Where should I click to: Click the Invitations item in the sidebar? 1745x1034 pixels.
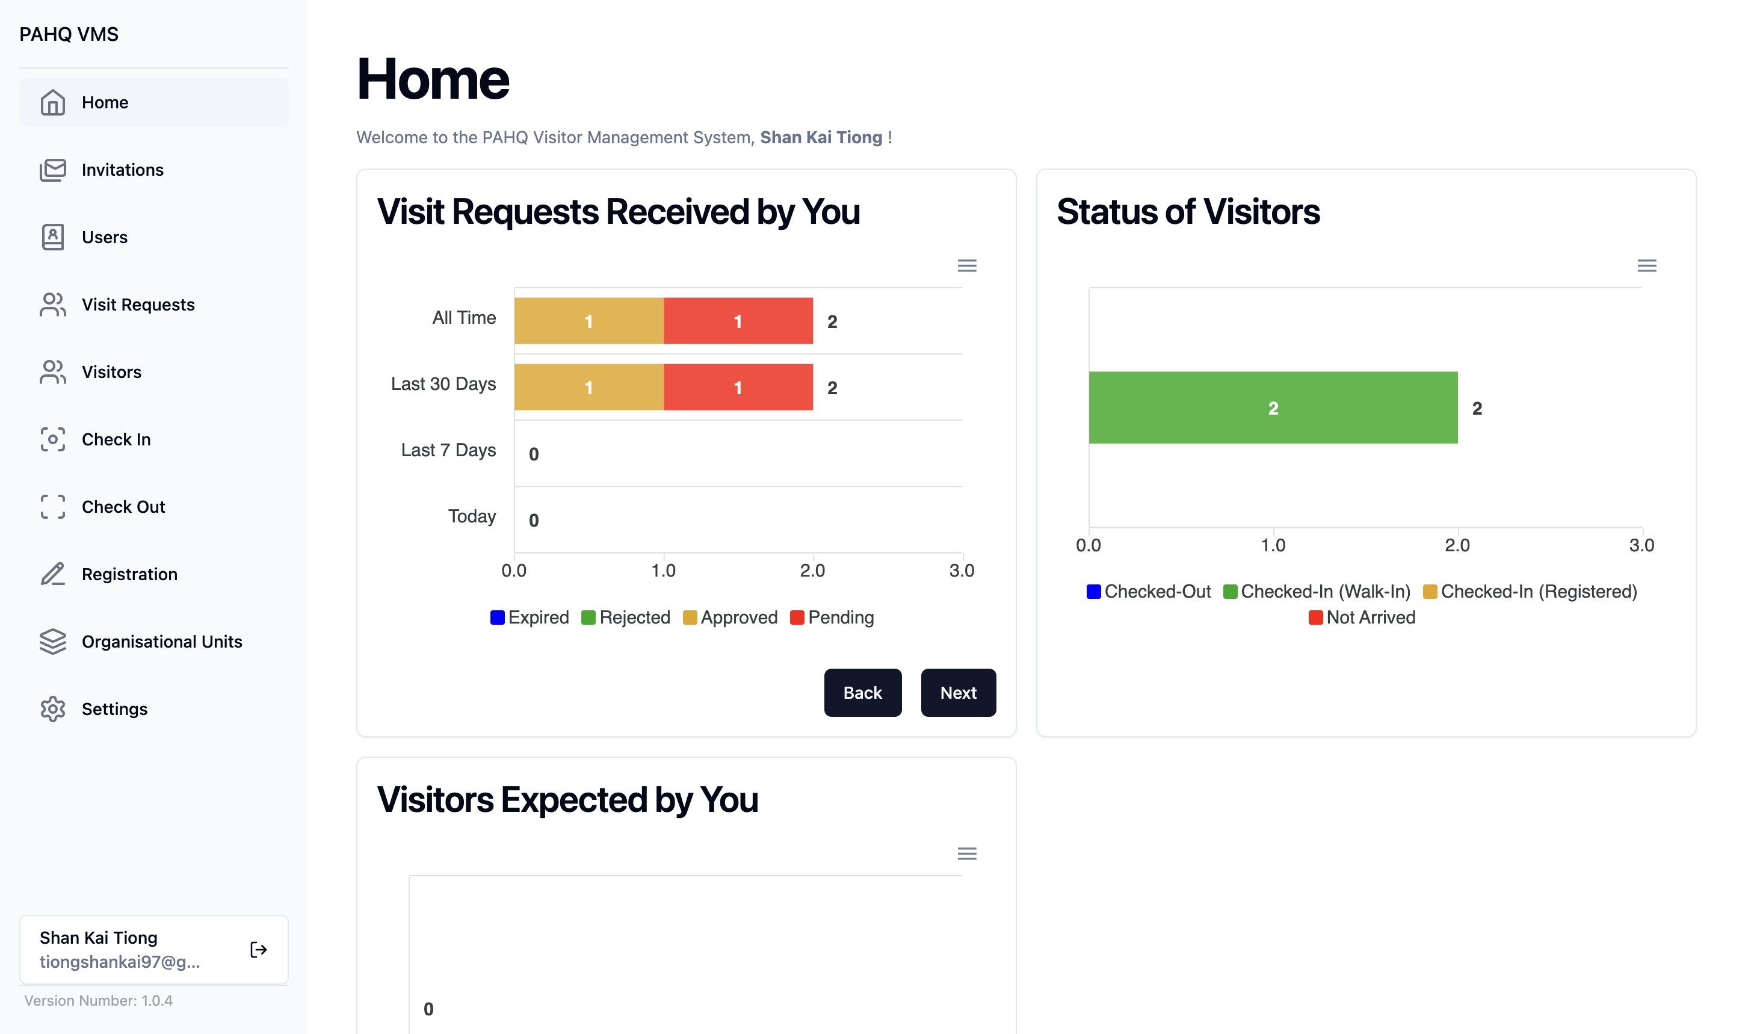pos(122,170)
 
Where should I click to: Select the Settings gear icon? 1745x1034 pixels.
pos(53,710)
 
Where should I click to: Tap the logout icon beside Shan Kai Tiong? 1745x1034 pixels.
pos(259,950)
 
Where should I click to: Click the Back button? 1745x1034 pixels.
pos(862,693)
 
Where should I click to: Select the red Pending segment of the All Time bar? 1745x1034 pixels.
pos(738,321)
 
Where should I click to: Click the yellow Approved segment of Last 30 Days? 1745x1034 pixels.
pos(588,388)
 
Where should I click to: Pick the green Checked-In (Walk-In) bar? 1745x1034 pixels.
pos(1273,407)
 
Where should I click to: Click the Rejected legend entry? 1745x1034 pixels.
pos(626,618)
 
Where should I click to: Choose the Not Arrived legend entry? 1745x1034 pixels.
pos(1362,618)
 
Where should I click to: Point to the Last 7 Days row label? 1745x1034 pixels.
pos(448,450)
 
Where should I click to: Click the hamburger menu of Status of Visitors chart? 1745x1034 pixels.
pos(1646,265)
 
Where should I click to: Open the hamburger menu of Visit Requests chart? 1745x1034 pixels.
pos(966,265)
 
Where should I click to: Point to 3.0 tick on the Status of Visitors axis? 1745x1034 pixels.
pos(1642,545)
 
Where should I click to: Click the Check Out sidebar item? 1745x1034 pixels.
pos(123,507)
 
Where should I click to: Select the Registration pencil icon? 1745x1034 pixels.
pos(53,574)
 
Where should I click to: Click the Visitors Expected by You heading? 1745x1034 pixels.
pos(567,800)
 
